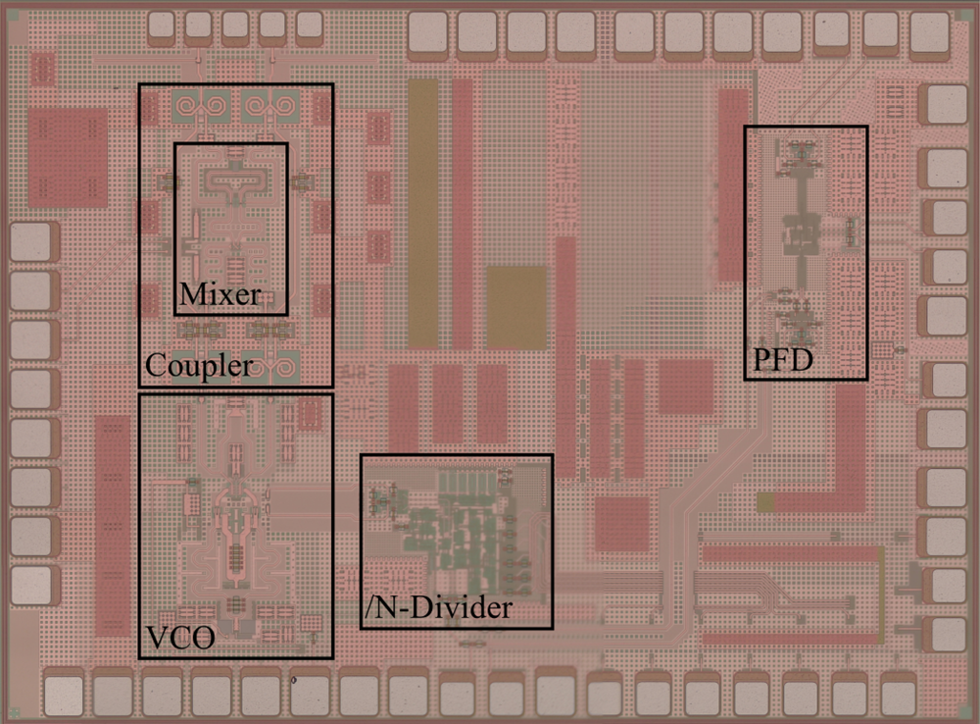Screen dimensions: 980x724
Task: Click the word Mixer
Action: click(220, 294)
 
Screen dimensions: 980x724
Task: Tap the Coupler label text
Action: click(199, 366)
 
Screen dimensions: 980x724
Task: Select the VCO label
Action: click(180, 638)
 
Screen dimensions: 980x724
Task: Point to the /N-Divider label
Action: click(438, 607)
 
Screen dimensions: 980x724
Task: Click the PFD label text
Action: click(782, 360)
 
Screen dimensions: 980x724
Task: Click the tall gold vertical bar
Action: click(423, 214)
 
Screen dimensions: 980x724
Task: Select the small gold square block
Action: click(516, 307)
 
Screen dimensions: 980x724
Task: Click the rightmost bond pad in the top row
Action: click(930, 33)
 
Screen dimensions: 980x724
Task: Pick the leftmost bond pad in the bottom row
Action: click(64, 695)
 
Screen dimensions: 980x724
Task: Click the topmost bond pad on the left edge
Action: click(30, 241)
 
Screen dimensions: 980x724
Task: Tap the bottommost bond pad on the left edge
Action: click(30, 585)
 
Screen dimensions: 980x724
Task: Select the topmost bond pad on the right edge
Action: click(947, 103)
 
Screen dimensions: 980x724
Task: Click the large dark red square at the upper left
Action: click(68, 158)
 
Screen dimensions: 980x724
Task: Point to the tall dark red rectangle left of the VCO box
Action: click(113, 526)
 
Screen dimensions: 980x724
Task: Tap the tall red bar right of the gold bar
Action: click(463, 214)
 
